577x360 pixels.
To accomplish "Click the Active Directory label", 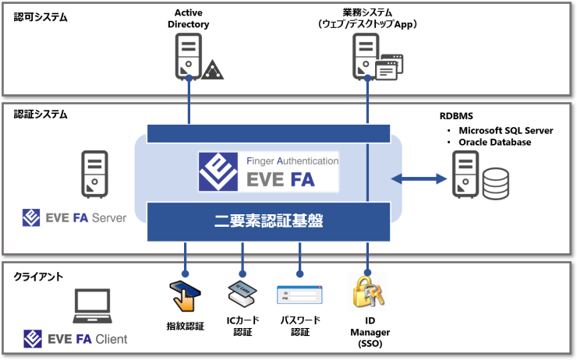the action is tap(189, 19).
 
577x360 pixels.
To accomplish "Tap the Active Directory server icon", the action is tap(189, 56).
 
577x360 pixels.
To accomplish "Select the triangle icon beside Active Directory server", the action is tap(212, 69).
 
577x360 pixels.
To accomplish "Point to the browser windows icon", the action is tap(389, 67).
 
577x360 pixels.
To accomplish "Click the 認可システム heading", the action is tap(41, 17).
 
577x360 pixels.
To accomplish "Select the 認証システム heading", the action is tap(41, 115).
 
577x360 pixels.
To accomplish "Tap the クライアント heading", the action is tap(38, 277).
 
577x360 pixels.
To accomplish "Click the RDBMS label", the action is tap(456, 116).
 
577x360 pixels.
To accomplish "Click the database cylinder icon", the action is tap(496, 183).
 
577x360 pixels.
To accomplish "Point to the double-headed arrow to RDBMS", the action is tap(419, 179).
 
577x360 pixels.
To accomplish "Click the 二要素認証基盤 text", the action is tap(269, 221).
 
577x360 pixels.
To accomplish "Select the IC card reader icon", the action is tap(242, 294).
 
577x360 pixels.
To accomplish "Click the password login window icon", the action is tap(299, 295).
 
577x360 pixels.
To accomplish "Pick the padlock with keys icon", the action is tap(368, 292).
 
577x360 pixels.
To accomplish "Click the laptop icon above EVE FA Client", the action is tap(92, 306).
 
